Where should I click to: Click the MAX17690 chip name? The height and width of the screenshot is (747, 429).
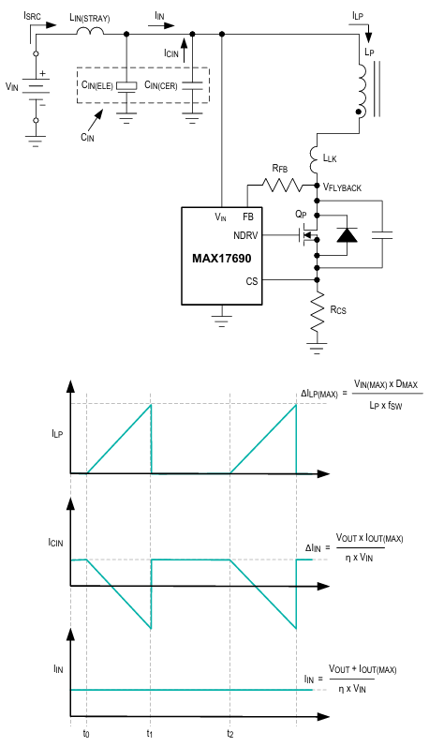click(x=221, y=258)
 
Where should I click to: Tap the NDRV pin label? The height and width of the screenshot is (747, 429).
click(x=245, y=235)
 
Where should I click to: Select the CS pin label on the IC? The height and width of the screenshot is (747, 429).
click(x=252, y=281)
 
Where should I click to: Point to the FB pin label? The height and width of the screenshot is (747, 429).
click(x=248, y=217)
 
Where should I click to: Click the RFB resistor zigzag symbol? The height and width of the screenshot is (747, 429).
click(x=282, y=185)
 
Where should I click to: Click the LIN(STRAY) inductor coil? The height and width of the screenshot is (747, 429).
click(x=90, y=31)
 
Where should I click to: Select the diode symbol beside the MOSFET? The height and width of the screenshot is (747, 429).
click(x=348, y=235)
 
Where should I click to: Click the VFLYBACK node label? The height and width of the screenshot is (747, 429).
click(x=342, y=187)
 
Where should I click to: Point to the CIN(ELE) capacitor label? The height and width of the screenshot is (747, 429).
click(x=97, y=85)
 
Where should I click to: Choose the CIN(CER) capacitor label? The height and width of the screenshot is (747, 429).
click(x=161, y=85)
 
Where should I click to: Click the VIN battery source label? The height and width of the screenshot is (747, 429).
click(x=12, y=86)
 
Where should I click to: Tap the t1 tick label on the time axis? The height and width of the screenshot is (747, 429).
click(x=150, y=733)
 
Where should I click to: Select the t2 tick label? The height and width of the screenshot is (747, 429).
click(x=230, y=733)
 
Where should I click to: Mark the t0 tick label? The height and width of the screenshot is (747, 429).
click(x=86, y=733)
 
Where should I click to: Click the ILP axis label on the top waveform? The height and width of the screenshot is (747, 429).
click(x=57, y=434)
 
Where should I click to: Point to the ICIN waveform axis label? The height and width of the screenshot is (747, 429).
click(x=55, y=543)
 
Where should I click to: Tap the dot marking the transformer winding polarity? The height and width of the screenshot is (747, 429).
click(x=360, y=112)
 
